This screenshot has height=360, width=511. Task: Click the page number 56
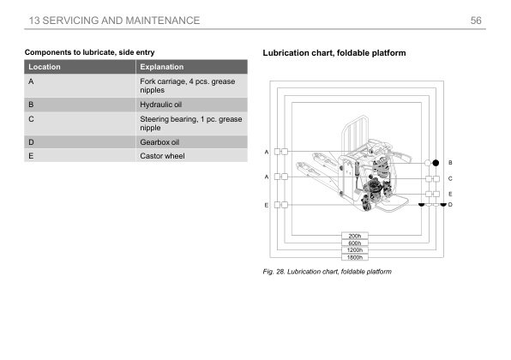point(476,21)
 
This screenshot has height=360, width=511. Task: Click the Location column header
point(45,67)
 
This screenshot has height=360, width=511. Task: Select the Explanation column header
point(162,67)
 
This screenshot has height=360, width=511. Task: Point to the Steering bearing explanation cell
point(191,123)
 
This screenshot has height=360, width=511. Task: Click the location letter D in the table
point(31,142)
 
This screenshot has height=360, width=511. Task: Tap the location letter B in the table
point(31,105)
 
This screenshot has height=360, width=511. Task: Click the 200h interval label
point(355,236)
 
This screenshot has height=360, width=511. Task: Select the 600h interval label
point(355,243)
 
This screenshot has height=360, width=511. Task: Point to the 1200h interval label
point(355,250)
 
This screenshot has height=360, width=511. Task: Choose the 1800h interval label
point(355,257)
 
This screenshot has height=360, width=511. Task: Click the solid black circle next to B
point(436,163)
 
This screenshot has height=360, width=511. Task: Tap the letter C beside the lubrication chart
point(450,178)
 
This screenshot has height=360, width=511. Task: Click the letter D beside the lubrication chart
point(450,205)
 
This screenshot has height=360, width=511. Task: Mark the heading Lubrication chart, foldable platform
point(334,53)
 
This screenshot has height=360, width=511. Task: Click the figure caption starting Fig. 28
point(328,272)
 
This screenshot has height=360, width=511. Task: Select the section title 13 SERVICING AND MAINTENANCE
point(114,21)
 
